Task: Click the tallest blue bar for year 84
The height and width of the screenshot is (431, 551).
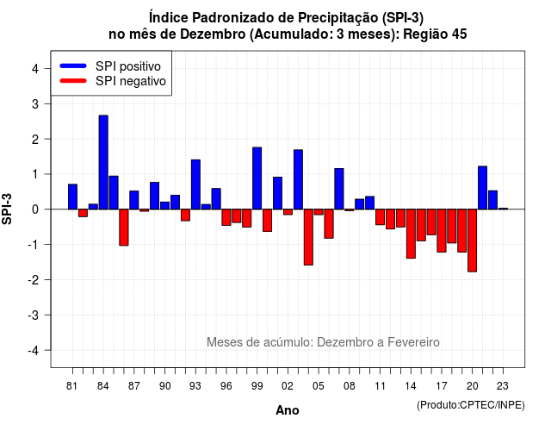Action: pos(103,162)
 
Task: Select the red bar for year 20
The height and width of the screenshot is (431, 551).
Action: pos(473,240)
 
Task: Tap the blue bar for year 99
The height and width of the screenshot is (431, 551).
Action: pos(257,178)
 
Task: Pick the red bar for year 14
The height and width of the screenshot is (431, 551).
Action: pos(411,234)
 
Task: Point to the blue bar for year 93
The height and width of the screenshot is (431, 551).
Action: pos(195,184)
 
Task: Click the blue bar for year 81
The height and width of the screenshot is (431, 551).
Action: pos(72,197)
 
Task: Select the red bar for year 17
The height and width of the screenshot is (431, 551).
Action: pos(442,230)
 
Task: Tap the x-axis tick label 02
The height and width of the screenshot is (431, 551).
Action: pos(288,386)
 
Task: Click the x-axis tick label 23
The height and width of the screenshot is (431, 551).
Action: pos(503,386)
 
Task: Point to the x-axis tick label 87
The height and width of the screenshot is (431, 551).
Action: pos(134,386)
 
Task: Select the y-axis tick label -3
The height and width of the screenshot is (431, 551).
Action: pos(34,315)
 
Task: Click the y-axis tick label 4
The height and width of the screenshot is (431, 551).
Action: pos(35,69)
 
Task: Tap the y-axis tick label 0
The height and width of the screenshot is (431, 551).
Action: pos(35,209)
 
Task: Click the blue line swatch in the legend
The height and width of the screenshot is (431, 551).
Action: pos(73,66)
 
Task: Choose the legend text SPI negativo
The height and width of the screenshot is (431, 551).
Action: pos(131,81)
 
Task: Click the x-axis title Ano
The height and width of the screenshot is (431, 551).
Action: pos(288,410)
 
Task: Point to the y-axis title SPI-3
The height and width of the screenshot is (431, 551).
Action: pos(7,209)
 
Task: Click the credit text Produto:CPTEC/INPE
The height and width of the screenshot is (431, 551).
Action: pos(471,405)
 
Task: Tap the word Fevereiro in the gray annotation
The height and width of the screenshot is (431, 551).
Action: pos(413,342)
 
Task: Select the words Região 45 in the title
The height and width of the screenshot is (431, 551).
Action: pos(435,34)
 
